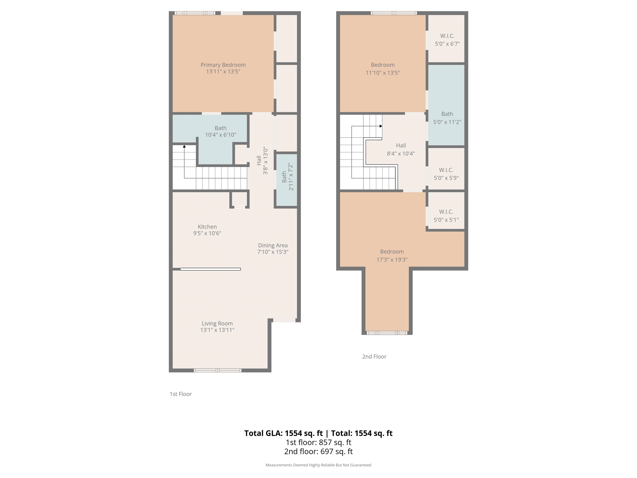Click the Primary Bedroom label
223,65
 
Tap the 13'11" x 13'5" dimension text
223,71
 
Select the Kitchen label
207,227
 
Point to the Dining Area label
273,245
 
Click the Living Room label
217,324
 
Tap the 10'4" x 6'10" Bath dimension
221,135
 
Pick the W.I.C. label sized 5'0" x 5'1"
446,212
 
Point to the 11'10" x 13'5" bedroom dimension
383,73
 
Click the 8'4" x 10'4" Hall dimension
401,154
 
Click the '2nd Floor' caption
374,357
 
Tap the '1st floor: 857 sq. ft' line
318,442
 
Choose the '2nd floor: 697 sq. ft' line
318,451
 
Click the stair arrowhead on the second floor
381,126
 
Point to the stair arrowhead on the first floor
184,146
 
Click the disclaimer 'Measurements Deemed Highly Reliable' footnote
318,465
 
